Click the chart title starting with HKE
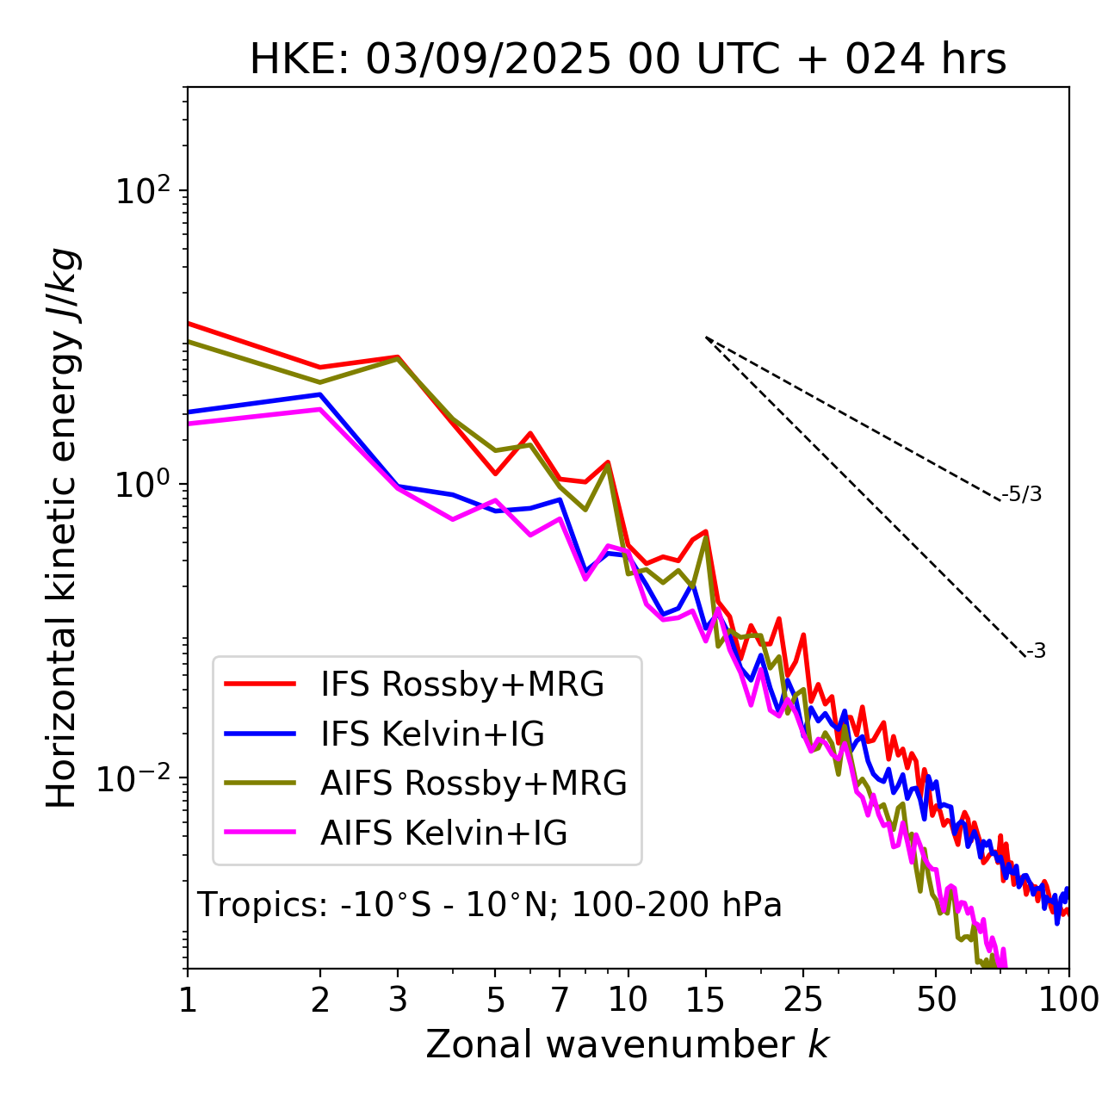(628, 60)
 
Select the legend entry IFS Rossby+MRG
(461, 685)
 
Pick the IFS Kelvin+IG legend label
(432, 734)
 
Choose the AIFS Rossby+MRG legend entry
(473, 784)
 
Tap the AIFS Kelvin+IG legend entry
(443, 833)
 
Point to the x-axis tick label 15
(705, 1000)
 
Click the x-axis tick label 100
(1068, 1000)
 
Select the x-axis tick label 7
(560, 1000)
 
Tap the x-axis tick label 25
(802, 1000)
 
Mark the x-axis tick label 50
(936, 1000)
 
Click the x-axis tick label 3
(398, 1000)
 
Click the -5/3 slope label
(1022, 494)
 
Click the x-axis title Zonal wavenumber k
(627, 1044)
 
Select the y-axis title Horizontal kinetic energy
(62, 528)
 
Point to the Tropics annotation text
(489, 905)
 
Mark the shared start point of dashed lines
(706, 338)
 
